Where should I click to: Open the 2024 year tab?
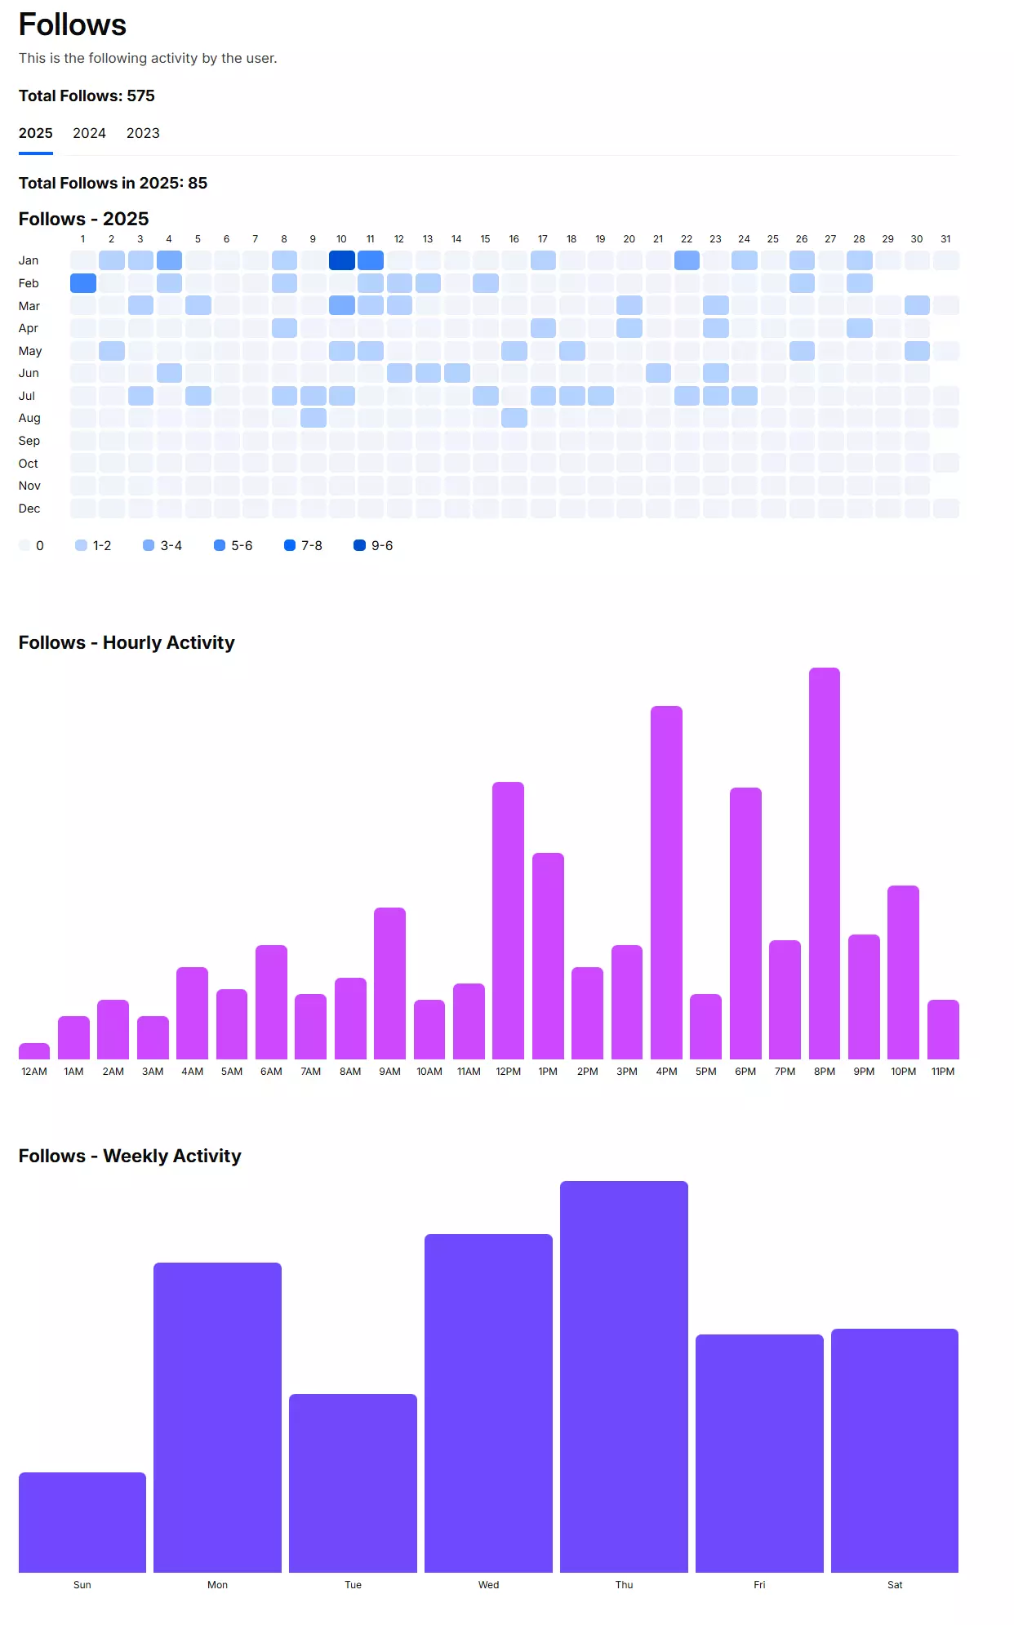click(89, 133)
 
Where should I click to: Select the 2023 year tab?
click(143, 133)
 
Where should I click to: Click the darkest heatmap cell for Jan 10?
click(342, 260)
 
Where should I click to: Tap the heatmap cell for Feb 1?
click(83, 283)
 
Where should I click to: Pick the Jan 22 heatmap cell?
click(687, 260)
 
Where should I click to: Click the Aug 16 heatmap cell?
click(514, 418)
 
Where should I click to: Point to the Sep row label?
click(29, 441)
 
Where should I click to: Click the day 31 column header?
click(945, 239)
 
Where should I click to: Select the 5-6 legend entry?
click(233, 545)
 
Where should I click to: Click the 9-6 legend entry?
click(373, 545)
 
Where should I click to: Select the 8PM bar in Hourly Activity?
click(825, 864)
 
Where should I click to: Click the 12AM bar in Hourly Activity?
click(34, 1051)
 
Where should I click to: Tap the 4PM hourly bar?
click(666, 882)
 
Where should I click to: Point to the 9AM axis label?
click(390, 1072)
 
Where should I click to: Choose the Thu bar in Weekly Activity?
click(624, 1377)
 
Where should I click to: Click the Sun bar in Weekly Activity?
click(82, 1522)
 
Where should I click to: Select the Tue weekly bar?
click(353, 1483)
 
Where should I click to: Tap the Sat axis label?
click(895, 1585)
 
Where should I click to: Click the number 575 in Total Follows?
click(140, 95)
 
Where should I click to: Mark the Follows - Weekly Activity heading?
click(130, 1156)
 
